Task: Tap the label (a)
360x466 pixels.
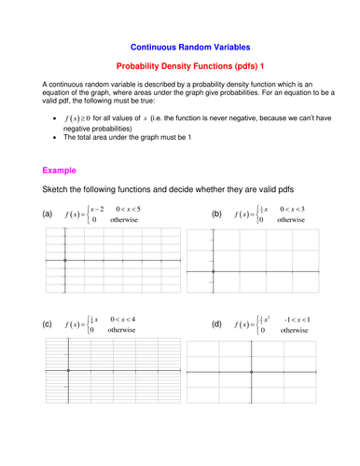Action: coord(48,214)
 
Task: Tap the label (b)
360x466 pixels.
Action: coord(216,214)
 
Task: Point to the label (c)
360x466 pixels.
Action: coord(48,324)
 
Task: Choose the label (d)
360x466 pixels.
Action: coord(216,324)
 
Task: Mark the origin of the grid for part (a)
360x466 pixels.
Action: coord(64,261)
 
